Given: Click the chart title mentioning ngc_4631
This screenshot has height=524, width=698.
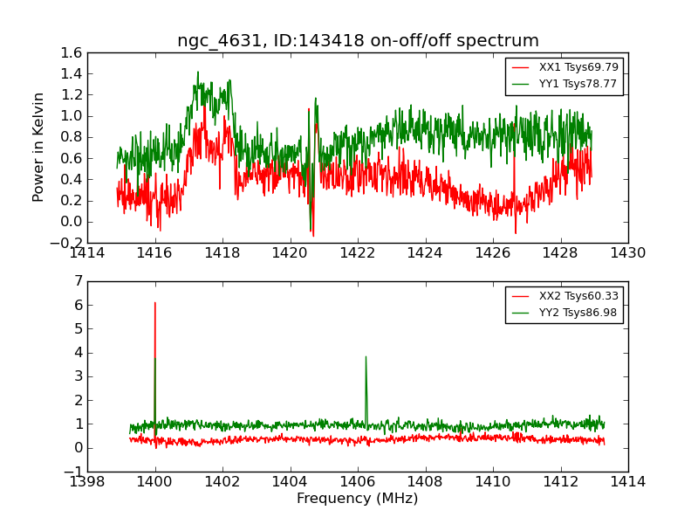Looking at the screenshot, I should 358,41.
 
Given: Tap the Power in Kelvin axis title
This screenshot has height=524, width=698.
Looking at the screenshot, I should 38,147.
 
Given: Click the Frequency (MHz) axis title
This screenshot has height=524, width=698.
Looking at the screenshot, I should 358,499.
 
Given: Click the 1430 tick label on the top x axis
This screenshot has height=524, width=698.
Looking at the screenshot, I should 627,253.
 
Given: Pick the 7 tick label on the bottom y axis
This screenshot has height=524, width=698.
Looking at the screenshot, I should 79,281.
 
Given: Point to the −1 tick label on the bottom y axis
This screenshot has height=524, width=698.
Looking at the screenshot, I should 73,472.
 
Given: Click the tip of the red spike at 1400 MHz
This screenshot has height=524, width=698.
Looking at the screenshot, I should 155,303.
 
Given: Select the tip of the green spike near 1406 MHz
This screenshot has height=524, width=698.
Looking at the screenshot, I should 366,356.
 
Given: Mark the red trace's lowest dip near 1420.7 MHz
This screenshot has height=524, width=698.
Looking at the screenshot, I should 313,236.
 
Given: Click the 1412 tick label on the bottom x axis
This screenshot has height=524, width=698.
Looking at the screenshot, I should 560,482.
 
